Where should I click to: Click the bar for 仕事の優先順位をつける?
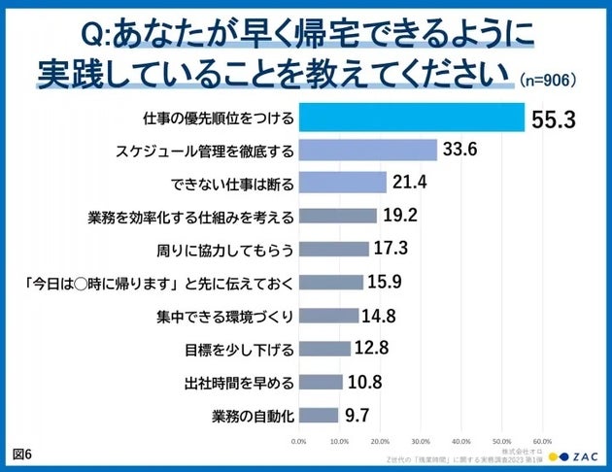(x=411, y=118)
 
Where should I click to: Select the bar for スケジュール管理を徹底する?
(x=367, y=151)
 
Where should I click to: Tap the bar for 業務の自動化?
(x=319, y=415)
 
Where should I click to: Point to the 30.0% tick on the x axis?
(x=422, y=440)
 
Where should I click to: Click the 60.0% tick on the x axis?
(x=543, y=440)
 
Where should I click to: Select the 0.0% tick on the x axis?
(x=299, y=440)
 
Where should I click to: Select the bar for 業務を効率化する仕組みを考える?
(x=338, y=217)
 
